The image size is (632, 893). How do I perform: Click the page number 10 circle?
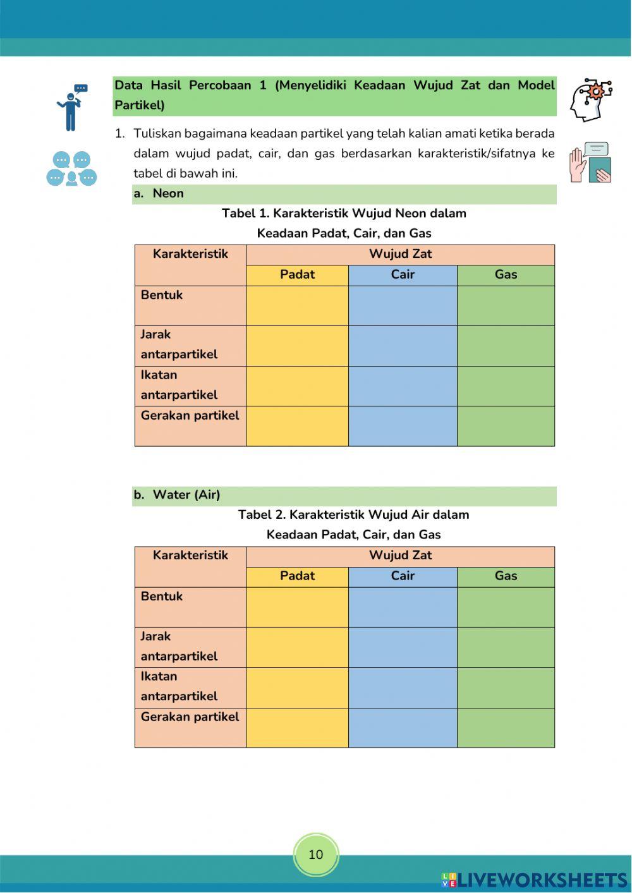tap(315, 854)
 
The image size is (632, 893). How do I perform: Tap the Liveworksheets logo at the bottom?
tap(534, 880)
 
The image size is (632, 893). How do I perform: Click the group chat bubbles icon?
tap(71, 169)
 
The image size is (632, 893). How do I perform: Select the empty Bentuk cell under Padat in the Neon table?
tap(297, 306)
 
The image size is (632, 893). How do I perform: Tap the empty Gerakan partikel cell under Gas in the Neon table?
tap(506, 426)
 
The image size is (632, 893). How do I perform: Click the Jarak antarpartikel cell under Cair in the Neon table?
tap(403, 346)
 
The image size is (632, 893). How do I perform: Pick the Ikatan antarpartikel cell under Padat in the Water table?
tap(297, 688)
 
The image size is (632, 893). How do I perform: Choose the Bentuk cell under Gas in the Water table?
tap(506, 607)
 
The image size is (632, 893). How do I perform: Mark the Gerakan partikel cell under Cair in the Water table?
tap(403, 727)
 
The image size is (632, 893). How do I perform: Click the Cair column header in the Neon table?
tap(403, 275)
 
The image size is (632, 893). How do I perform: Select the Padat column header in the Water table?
tap(297, 576)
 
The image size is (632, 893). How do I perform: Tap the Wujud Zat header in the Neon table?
tap(400, 255)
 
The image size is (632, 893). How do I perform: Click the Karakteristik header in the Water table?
tap(190, 556)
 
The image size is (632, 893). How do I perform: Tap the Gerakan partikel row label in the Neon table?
tap(190, 416)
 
